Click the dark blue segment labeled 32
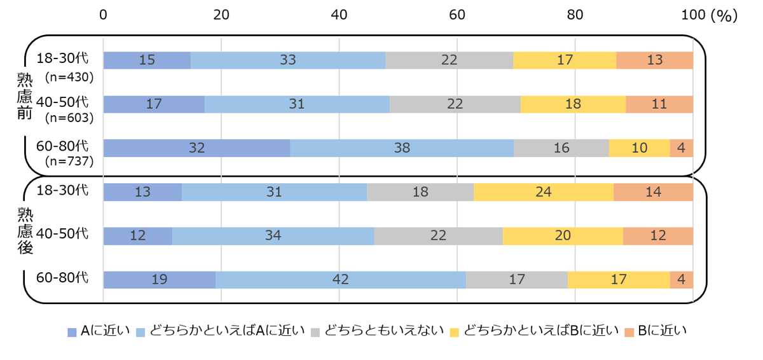196,148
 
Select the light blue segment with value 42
341,280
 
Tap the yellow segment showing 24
544,192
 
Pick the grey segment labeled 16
561,148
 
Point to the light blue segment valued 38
402,148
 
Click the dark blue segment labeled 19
160,280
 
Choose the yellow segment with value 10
639,148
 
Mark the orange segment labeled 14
653,192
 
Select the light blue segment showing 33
288,60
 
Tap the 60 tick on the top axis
457,15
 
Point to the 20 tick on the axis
221,15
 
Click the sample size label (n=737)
69,161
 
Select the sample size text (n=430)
69,77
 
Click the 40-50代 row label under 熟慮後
62,233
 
